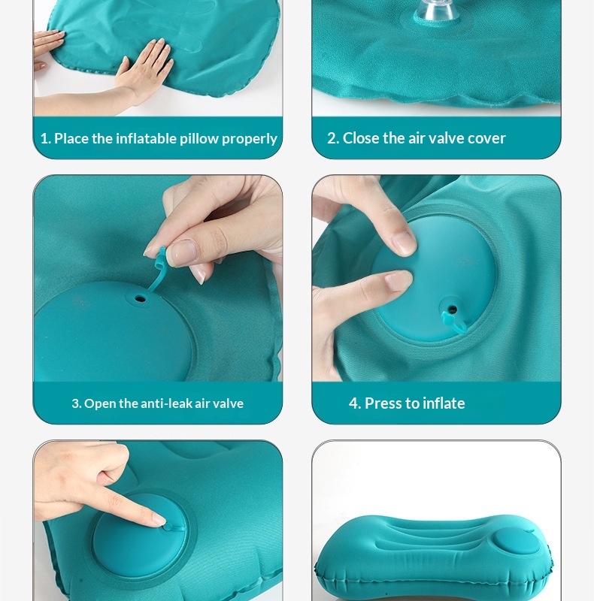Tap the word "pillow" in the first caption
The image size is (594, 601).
point(199,139)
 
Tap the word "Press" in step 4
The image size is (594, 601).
point(383,403)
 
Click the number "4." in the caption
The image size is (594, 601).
point(355,403)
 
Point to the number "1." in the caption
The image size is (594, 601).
point(46,138)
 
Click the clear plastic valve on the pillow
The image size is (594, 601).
point(438,11)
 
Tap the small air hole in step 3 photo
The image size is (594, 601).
point(140,298)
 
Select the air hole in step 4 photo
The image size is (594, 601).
point(453,309)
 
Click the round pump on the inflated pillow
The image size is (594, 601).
point(517,542)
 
